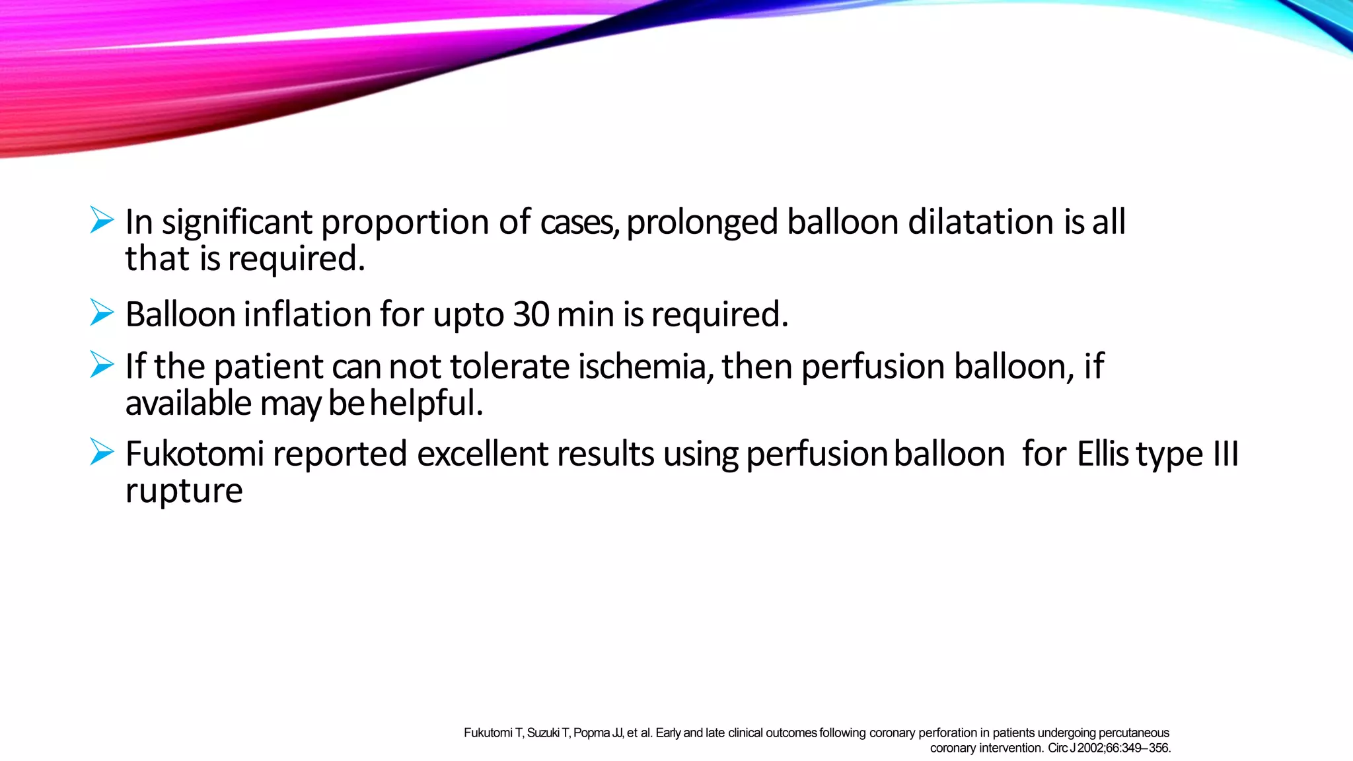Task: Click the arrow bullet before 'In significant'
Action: [x=102, y=220]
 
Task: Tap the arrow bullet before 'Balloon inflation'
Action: [x=102, y=312]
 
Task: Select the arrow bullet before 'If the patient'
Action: [x=102, y=365]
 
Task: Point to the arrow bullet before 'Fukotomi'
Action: [x=102, y=453]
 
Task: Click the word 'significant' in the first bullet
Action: [x=237, y=222]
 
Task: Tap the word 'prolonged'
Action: [x=702, y=222]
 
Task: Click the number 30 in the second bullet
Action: [x=530, y=314]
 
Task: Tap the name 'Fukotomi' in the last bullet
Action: [x=195, y=454]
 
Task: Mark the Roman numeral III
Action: [x=1225, y=454]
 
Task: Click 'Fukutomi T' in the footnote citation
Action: [x=493, y=733]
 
